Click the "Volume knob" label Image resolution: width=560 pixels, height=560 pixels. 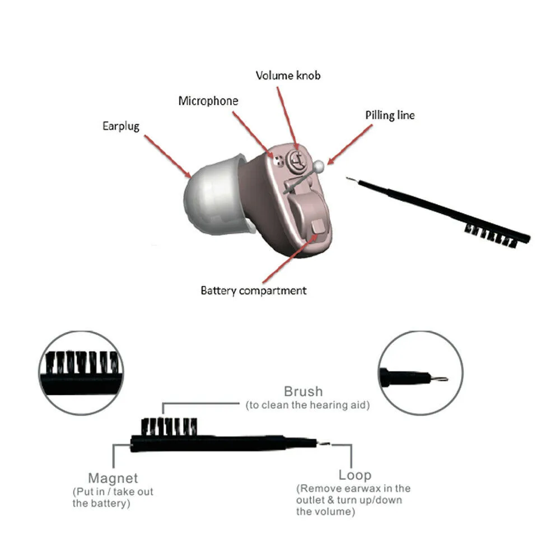tap(288, 75)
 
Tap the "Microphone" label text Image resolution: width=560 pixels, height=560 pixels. tap(208, 101)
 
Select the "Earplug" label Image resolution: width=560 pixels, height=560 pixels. tap(120, 126)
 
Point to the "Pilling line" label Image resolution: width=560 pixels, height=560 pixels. tap(390, 115)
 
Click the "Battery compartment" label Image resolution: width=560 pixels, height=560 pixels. tap(254, 291)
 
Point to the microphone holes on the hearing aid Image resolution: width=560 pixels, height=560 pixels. tap(278, 158)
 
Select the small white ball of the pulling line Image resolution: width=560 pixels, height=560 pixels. tap(319, 166)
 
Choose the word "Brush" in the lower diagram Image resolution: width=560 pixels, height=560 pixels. tap(304, 391)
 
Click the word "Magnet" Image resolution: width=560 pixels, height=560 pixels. tap(113, 479)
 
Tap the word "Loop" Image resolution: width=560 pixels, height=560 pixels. tap(354, 475)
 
